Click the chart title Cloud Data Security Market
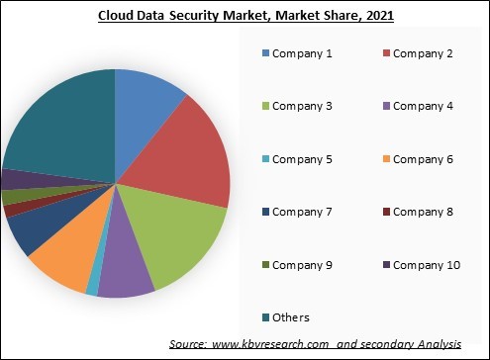point(245,16)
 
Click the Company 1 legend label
point(304,52)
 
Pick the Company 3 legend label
point(304,106)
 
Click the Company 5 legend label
point(304,158)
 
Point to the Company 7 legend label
point(304,212)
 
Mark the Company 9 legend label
point(304,264)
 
